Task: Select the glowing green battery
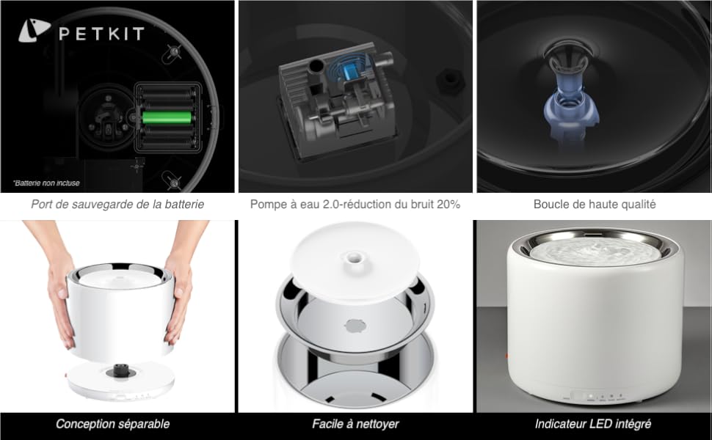click(x=167, y=117)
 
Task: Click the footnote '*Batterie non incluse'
click(x=46, y=183)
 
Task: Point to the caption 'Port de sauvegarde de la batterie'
click(x=117, y=205)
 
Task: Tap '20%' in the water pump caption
click(x=447, y=205)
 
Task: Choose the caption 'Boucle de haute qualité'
click(x=595, y=205)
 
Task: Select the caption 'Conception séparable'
click(x=113, y=424)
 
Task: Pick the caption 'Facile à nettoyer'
click(x=355, y=424)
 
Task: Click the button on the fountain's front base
click(x=589, y=395)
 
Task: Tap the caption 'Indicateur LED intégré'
click(x=593, y=424)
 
